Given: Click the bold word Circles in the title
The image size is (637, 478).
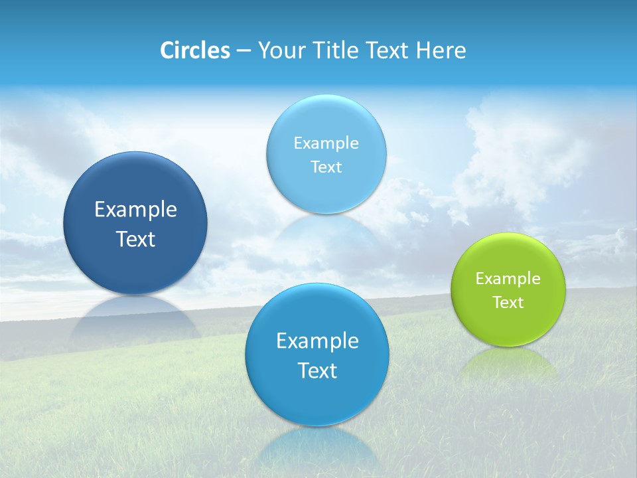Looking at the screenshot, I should pyautogui.click(x=195, y=50).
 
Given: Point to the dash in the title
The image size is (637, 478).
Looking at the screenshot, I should pyautogui.click(x=243, y=50).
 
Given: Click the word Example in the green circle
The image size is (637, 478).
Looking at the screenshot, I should pyautogui.click(x=508, y=279).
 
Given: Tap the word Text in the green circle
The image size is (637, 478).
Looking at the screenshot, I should pyautogui.click(x=508, y=303).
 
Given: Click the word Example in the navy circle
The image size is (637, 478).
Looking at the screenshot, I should pyautogui.click(x=135, y=210).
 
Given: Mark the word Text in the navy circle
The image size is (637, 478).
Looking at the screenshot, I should pyautogui.click(x=135, y=239).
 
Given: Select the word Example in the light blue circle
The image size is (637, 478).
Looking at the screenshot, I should pyautogui.click(x=326, y=143).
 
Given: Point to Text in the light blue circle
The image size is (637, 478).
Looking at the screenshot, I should pyautogui.click(x=326, y=167).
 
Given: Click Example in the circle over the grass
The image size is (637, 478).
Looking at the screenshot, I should pyautogui.click(x=317, y=341).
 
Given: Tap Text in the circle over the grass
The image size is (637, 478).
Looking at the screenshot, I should pyautogui.click(x=317, y=370).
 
